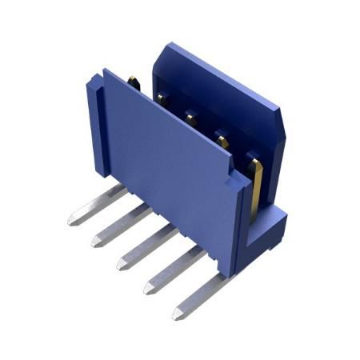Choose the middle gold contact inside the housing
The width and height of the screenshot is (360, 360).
tap(192, 118)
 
